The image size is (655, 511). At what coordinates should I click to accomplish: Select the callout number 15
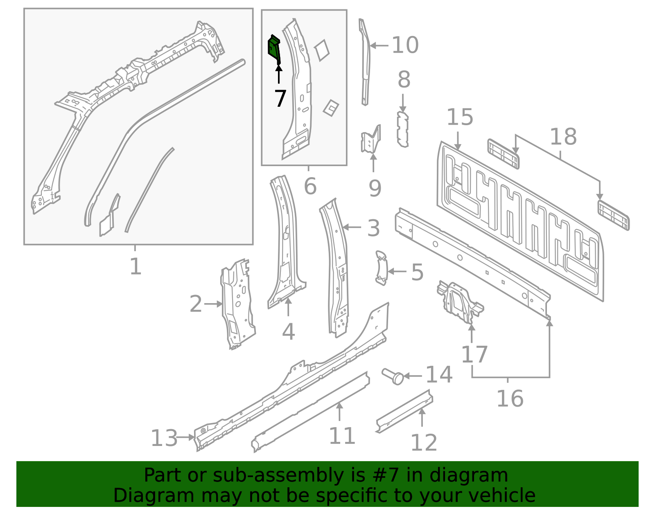459,117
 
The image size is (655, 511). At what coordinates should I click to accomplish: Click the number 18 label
563,137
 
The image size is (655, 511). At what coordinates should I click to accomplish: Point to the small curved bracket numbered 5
382,268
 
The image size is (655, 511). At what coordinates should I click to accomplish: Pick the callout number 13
164,438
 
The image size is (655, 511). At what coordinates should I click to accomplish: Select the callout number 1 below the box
135,266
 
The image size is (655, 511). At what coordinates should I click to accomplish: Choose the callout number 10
405,45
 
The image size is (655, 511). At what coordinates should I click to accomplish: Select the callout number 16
510,398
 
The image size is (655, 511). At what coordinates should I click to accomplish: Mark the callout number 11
342,436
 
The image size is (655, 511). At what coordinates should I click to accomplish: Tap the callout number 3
373,228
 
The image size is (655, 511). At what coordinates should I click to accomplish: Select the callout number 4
288,332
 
